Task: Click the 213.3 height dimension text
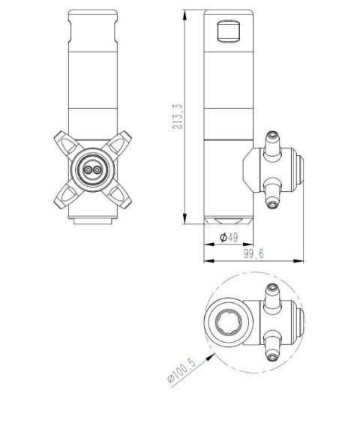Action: coord(178,116)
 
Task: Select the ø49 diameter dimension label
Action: coord(229,238)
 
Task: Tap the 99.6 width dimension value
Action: coord(253,253)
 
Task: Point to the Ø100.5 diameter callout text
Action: coord(181,370)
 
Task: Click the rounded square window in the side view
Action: coord(228,31)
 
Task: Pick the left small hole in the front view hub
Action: coord(88,170)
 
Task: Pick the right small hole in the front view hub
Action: coord(97,170)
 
